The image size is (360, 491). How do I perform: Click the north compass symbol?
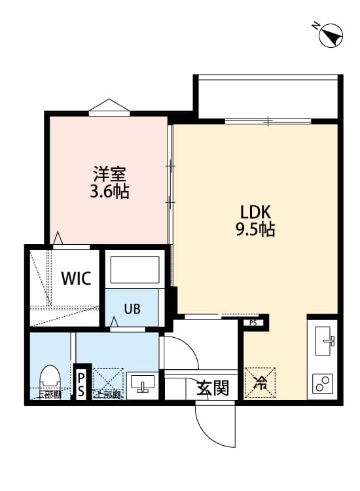(331, 35)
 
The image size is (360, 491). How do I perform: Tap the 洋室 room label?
(109, 175)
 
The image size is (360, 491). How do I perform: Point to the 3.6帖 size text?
(109, 192)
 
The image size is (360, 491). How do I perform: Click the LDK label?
(255, 212)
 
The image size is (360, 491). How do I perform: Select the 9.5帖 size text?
(255, 229)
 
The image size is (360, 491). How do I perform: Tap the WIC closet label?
(76, 278)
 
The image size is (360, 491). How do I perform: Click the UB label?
(132, 310)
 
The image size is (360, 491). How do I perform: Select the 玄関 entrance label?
(213, 388)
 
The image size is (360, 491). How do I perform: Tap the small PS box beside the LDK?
(253, 322)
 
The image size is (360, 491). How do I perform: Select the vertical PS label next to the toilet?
(81, 384)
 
